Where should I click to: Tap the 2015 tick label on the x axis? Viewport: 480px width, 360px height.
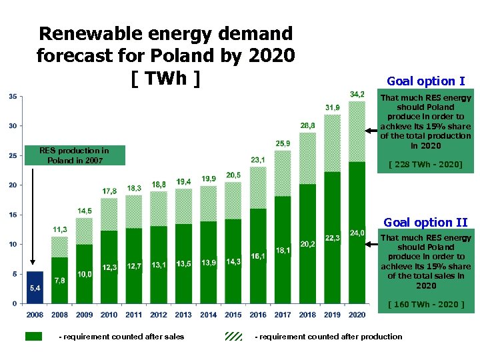point(233,315)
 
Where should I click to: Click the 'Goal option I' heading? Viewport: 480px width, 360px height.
point(425,81)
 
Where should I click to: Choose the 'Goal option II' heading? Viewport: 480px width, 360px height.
point(425,223)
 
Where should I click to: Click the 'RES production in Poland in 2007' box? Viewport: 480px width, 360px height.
point(74,155)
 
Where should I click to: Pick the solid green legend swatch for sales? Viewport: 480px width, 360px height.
point(33,337)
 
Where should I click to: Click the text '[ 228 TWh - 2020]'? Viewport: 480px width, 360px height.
point(425,164)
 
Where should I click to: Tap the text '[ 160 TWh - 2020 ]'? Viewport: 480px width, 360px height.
point(425,305)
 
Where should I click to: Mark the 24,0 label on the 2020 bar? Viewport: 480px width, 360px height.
point(357,233)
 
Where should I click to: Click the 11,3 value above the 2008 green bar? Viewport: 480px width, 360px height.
point(60,230)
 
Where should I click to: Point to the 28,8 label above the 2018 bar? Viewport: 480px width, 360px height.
point(308,125)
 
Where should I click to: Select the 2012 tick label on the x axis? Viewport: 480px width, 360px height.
point(159,315)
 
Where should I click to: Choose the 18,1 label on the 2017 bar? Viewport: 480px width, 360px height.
point(283,251)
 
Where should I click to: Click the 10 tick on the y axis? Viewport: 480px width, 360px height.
point(13,245)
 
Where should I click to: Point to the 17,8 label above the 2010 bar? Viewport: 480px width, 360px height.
point(109,191)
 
